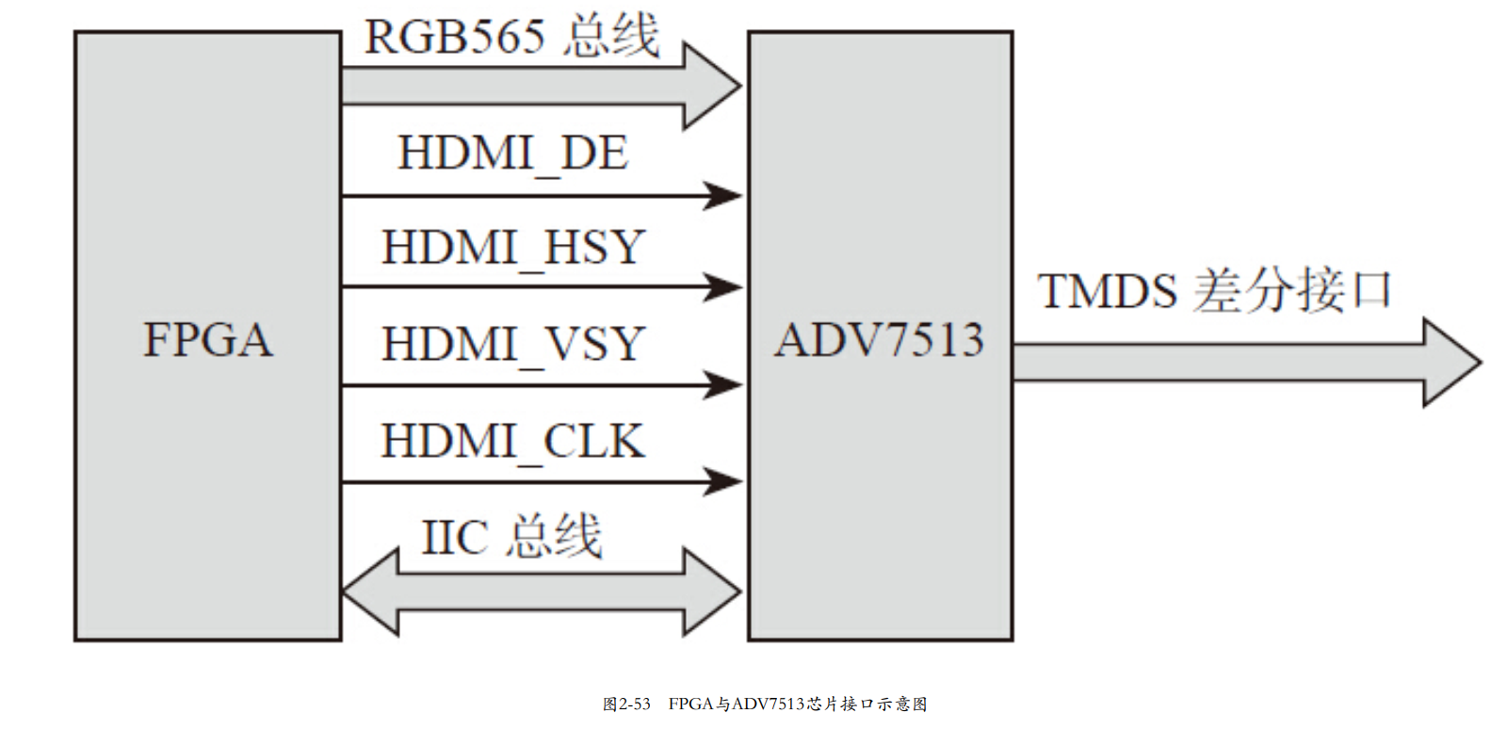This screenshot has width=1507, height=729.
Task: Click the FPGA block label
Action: [x=208, y=340]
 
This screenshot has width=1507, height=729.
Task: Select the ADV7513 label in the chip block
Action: [x=880, y=340]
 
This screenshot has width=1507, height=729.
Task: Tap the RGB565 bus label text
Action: [x=511, y=38]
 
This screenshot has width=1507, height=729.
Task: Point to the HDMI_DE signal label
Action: [x=512, y=154]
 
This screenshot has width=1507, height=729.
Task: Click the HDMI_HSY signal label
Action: [x=513, y=249]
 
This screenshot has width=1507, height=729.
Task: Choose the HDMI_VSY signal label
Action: [x=513, y=345]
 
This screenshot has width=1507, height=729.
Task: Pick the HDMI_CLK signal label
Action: [x=513, y=442]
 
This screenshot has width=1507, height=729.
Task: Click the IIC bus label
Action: [x=511, y=537]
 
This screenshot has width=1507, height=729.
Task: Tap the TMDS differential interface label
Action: [x=1214, y=290]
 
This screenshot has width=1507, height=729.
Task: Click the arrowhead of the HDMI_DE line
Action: [x=723, y=196]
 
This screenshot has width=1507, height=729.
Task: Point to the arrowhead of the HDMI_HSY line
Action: [x=723, y=286]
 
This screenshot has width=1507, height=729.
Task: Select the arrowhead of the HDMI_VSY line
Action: [x=723, y=384]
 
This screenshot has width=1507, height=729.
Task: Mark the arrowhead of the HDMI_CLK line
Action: [x=723, y=481]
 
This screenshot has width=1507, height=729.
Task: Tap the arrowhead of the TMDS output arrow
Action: [x=1451, y=363]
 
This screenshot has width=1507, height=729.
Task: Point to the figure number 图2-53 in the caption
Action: [x=626, y=704]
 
